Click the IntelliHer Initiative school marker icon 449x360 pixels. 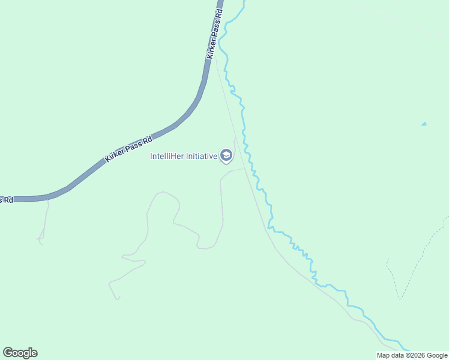click(226, 156)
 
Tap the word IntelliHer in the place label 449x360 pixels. click(166, 156)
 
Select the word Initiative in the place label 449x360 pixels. click(200, 156)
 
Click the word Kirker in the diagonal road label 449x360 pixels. click(113, 154)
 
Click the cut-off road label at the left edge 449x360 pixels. click(6, 199)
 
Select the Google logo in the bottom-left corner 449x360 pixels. click(20, 353)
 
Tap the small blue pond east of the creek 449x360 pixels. click(424, 124)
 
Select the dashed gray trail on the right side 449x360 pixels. click(414, 264)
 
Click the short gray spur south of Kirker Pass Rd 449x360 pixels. click(44, 222)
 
